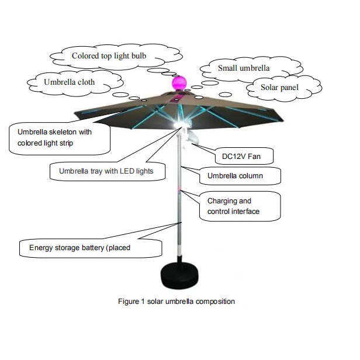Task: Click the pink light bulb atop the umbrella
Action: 179,82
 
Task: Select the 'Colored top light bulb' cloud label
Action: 109,56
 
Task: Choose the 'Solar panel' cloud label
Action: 280,87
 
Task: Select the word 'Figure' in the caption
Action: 128,302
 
